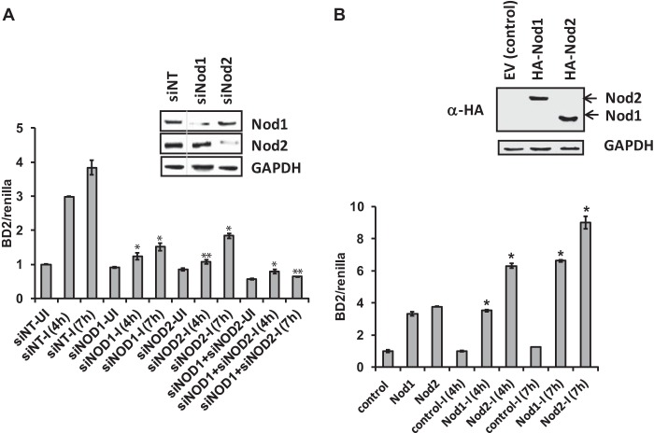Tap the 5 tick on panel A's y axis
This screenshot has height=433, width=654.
(x=33, y=128)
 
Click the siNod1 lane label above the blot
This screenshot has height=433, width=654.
(x=194, y=93)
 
